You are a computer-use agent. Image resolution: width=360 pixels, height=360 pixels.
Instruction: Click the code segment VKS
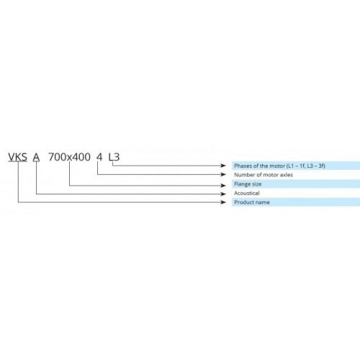[x=18, y=157]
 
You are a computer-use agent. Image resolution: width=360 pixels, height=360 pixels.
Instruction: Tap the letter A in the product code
[x=36, y=157]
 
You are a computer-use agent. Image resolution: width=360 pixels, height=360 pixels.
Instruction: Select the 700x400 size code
[x=69, y=157]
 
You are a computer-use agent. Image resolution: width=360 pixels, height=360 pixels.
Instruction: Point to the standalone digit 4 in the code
[x=99, y=157]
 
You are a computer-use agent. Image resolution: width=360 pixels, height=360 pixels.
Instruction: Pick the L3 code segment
[x=114, y=157]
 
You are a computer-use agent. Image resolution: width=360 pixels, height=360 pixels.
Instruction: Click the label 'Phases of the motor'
[x=259, y=166]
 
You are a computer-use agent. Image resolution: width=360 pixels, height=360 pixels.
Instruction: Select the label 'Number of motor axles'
[x=264, y=175]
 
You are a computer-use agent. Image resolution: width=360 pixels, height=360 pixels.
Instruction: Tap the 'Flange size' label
[x=248, y=184]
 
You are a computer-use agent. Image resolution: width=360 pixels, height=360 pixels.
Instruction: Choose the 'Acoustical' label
[x=247, y=193]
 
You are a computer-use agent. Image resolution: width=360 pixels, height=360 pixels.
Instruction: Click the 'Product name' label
[x=252, y=202]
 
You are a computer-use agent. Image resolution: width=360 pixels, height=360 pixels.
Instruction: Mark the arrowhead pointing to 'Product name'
[x=223, y=202]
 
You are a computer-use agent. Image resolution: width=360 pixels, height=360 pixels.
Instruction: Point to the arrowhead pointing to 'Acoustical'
[x=223, y=194]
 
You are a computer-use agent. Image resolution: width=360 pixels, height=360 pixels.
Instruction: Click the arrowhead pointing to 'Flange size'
[x=223, y=185]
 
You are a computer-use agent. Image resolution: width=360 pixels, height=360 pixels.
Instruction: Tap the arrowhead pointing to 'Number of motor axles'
[x=223, y=174]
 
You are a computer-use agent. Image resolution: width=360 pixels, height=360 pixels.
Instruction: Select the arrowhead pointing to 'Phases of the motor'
[x=223, y=166]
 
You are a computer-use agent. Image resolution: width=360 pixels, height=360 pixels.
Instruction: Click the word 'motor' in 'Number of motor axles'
[x=271, y=175]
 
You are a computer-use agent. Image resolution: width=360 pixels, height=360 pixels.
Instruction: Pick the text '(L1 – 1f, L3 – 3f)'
[x=305, y=166]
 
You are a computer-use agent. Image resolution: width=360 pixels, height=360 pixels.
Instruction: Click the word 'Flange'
[x=242, y=184]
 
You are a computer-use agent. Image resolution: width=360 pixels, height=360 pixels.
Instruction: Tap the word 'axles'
[x=286, y=175]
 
